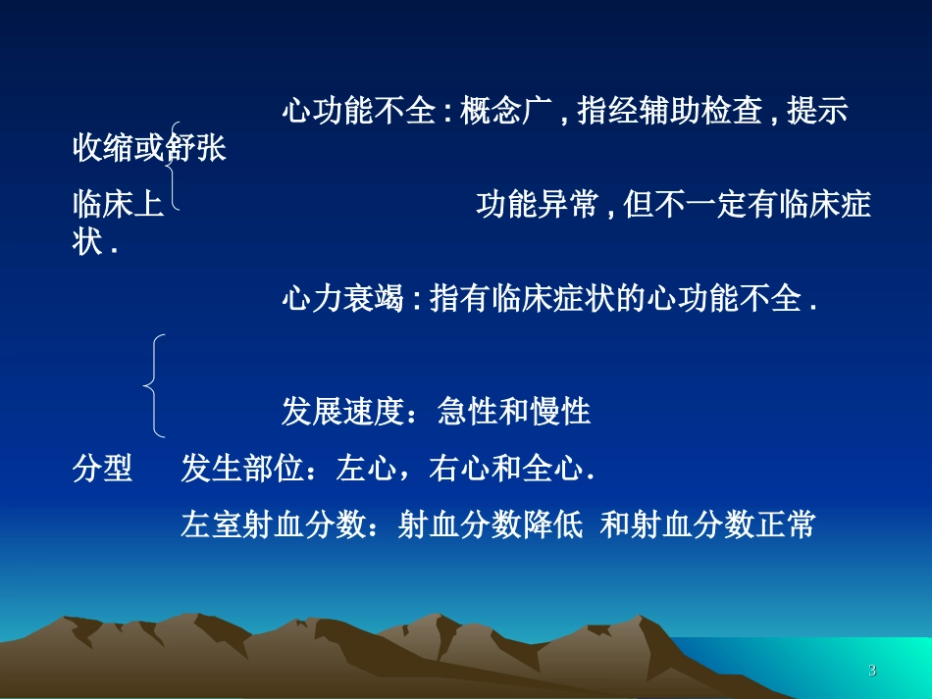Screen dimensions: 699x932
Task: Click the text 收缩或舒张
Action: (x=149, y=149)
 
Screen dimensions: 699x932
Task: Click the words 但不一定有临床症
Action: (x=750, y=205)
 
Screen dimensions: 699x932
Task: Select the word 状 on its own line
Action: (x=87, y=242)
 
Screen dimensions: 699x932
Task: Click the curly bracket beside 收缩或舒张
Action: (x=174, y=166)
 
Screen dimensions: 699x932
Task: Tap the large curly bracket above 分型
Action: (x=155, y=384)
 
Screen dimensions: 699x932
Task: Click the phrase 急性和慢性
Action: (x=514, y=412)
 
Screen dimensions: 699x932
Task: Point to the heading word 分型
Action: (x=102, y=470)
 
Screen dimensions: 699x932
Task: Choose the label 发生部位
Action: (x=241, y=470)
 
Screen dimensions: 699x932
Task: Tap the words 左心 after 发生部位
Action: (x=365, y=470)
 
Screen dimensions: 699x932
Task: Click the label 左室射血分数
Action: (x=271, y=525)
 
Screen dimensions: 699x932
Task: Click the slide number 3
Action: (x=872, y=671)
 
